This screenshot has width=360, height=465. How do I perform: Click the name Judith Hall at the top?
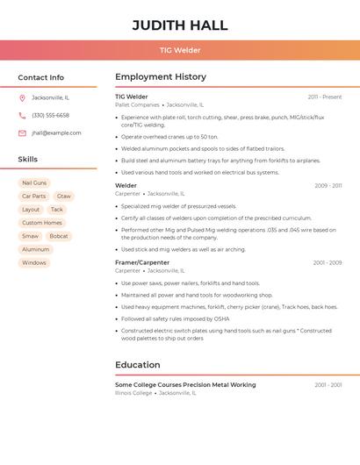pos(180,25)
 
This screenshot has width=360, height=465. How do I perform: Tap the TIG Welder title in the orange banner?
pos(180,50)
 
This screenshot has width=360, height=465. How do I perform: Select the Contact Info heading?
pos(40,77)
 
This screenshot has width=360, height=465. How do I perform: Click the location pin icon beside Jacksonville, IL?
pos(22,97)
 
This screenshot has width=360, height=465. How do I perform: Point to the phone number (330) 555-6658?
pos(50,115)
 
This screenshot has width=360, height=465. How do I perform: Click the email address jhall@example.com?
pos(56,133)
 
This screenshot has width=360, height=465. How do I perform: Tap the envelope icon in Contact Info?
pos(22,133)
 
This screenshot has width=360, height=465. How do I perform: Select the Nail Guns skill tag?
pos(34,182)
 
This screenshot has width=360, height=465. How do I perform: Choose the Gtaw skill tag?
pos(64,197)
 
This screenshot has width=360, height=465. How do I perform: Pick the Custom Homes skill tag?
pos(42,223)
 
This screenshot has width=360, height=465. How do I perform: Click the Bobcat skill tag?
pos(59,236)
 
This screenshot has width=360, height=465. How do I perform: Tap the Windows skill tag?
pos(34,262)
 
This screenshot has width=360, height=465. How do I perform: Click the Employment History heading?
pos(161,77)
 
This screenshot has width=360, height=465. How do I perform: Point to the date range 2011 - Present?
pos(324,97)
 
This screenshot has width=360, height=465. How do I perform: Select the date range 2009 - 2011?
pos(328,186)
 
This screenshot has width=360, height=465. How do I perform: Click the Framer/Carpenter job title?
pos(142,262)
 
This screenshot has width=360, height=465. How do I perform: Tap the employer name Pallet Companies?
pos(137,104)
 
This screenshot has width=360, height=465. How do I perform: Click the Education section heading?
pos(137,365)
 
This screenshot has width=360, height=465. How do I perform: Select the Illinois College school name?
pos(133,393)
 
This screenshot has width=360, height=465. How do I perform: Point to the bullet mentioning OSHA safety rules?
pos(175,318)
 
